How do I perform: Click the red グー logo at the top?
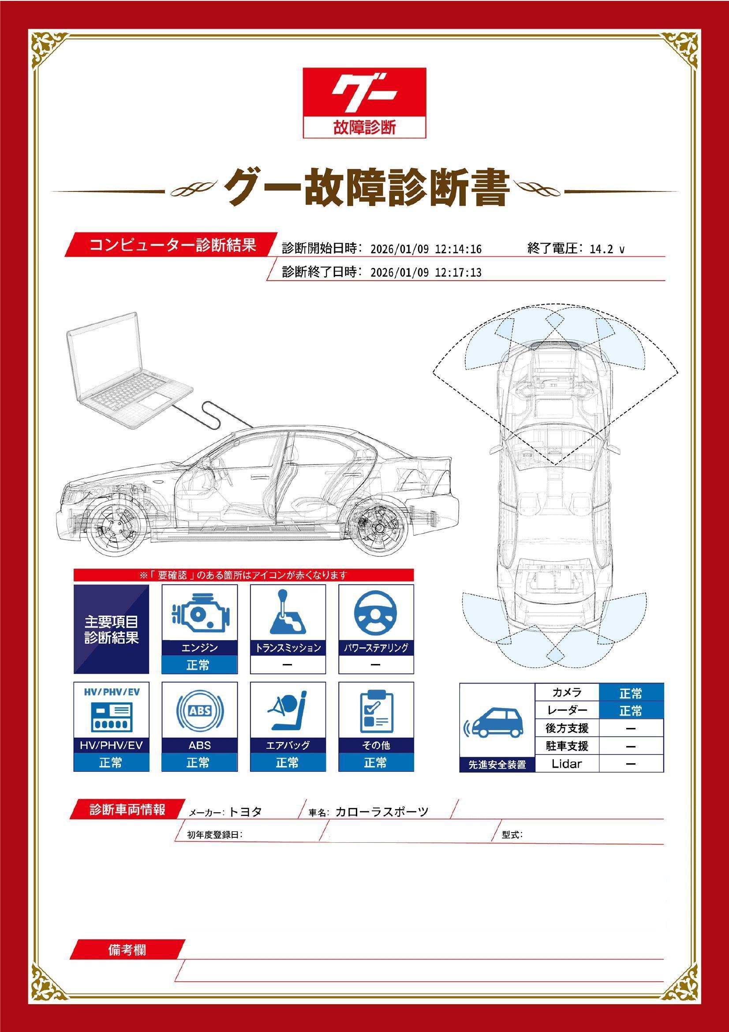pyautogui.click(x=364, y=103)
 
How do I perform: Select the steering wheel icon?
pyautogui.click(x=375, y=612)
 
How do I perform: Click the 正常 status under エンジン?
pyautogui.click(x=199, y=665)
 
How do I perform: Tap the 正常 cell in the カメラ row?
pyautogui.click(x=631, y=694)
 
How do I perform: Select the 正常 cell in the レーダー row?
pyautogui.click(x=631, y=711)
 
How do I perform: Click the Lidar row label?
pyautogui.click(x=566, y=764)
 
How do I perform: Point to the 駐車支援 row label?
pyautogui.click(x=566, y=746)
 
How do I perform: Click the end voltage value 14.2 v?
pyautogui.click(x=607, y=249)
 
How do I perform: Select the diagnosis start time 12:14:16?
pyautogui.click(x=458, y=249)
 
